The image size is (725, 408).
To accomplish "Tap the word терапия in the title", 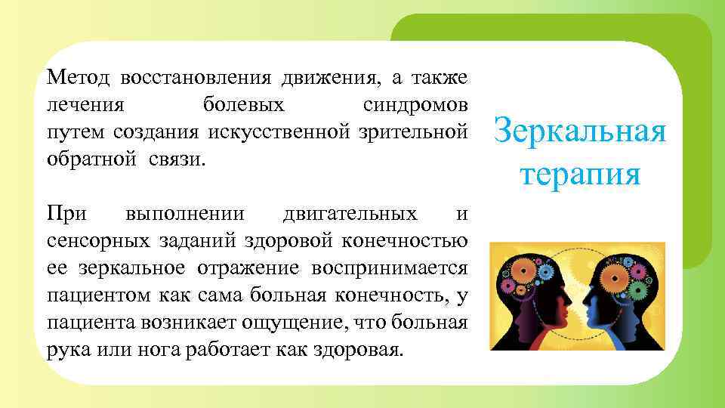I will [580, 175].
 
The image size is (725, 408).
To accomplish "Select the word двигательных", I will [349, 214].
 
